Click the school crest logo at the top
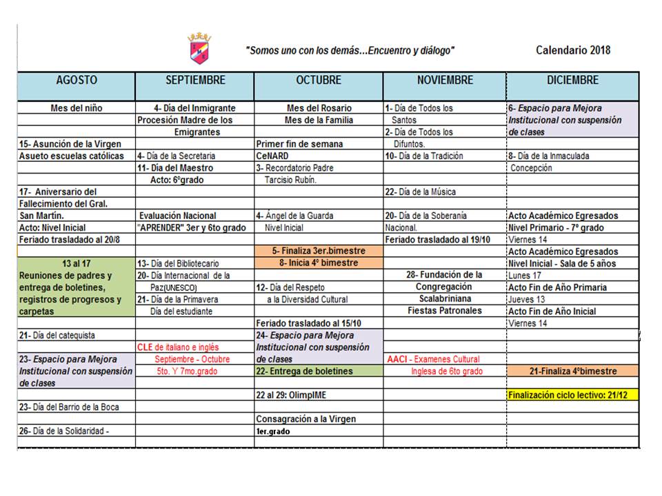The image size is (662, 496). coord(200,48)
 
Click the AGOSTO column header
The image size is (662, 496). coord(77,81)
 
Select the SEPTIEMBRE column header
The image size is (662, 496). coord(195,81)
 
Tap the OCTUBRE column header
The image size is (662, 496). coord(319,81)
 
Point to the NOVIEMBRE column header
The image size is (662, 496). coord(445,81)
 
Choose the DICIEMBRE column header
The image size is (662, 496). coord(572,81)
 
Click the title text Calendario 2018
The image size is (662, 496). coord(572,50)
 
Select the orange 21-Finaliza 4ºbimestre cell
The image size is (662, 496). coord(572,371)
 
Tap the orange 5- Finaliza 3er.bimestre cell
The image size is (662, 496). coord(319,251)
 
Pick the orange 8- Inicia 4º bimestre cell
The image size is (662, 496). coord(319,262)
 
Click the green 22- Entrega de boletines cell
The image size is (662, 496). coord(304,371)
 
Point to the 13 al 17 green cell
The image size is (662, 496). coord(76,262)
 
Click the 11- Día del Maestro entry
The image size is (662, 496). coord(175,167)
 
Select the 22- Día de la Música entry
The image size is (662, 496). coord(421,192)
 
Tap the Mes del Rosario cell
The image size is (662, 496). coord(319,108)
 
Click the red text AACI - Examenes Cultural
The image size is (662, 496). coord(434,359)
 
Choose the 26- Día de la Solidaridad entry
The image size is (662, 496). coord(66,431)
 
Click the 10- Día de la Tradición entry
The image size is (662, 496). coord(424,156)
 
